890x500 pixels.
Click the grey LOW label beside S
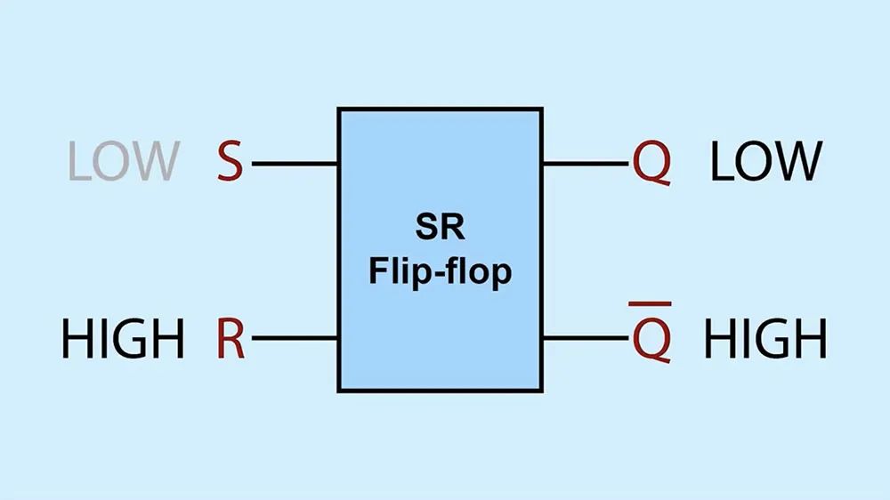124,161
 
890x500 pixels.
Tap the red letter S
230,161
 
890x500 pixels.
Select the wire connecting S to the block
295,164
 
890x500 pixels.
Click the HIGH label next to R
123,338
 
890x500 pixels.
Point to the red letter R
231,338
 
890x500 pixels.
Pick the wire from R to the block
295,338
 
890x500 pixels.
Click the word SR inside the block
441,228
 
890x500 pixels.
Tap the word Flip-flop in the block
441,271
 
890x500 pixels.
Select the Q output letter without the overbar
651,164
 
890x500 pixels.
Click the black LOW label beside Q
765,161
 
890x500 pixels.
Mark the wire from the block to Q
586,164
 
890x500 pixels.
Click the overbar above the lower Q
650,304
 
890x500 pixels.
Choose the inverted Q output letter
651,340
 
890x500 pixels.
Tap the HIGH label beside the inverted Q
765,338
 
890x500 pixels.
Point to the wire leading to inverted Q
586,338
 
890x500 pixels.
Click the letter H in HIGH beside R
76,338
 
